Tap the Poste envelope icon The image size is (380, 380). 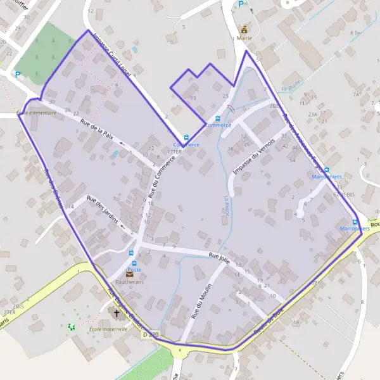[x=130, y=274]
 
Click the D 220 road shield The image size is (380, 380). [x=150, y=334]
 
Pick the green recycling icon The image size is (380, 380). [x=70, y=327]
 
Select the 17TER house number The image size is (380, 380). [x=174, y=153]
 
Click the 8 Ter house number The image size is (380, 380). [x=355, y=32]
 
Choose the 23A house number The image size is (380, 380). [x=312, y=114]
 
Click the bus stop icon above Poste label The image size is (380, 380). [x=133, y=263]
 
